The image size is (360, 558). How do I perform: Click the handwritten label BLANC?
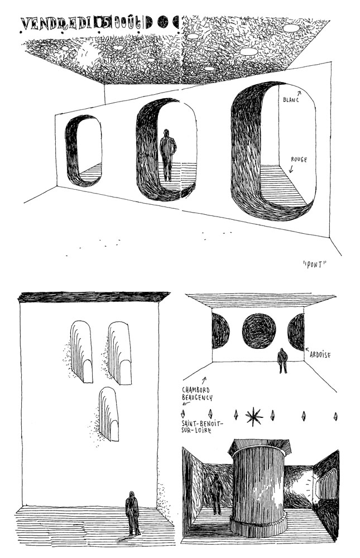pyautogui.click(x=291, y=100)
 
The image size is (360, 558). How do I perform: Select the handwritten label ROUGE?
pyautogui.click(x=299, y=159)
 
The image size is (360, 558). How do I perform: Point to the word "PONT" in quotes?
pyautogui.click(x=314, y=264)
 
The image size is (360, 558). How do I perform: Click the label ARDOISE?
pyautogui.click(x=320, y=354)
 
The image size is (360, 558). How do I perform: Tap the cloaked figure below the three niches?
pyautogui.click(x=133, y=512)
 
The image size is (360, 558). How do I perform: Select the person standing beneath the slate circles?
pyautogui.click(x=282, y=360)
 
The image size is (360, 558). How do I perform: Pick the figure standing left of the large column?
pyautogui.click(x=215, y=493)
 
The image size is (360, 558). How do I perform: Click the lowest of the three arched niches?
pyautogui.click(x=108, y=413)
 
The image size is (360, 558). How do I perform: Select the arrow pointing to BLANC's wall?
pyautogui.click(x=298, y=93)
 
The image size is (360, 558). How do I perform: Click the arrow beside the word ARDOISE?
pyautogui.click(x=307, y=350)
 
